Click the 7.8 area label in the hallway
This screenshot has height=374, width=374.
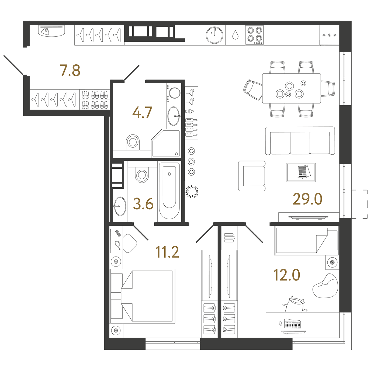point(70,70)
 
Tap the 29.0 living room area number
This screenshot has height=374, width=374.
point(307,199)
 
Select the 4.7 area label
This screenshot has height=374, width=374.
point(142,112)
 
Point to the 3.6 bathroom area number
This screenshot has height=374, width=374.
point(143,204)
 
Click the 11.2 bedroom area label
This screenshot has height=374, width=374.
point(167,252)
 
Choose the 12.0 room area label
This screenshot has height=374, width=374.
point(287,275)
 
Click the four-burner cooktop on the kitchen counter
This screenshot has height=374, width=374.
point(254,35)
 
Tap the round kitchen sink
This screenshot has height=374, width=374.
point(214,35)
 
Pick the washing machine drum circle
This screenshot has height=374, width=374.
point(175,93)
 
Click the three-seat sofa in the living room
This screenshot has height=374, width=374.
point(300,141)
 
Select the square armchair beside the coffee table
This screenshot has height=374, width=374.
point(252,176)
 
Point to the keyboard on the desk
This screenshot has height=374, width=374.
point(293,324)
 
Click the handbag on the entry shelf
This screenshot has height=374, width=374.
point(45,31)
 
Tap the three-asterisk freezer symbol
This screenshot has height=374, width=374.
point(329,35)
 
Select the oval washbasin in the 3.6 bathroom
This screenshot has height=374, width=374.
point(120,206)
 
